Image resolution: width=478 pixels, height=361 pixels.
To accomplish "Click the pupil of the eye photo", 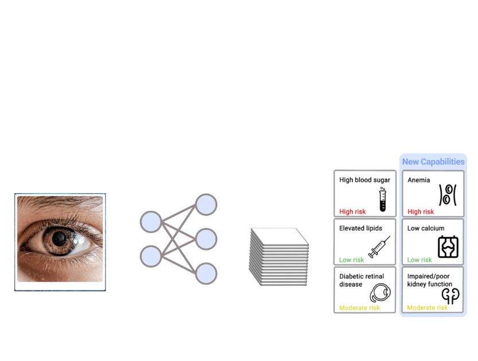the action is pyautogui.click(x=59, y=238).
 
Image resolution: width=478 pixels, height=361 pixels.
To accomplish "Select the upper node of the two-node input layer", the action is pyautogui.click(x=151, y=222).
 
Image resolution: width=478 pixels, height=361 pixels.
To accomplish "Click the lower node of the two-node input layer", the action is pyautogui.click(x=151, y=256).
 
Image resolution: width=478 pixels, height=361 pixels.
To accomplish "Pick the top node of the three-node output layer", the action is pyautogui.click(x=206, y=205).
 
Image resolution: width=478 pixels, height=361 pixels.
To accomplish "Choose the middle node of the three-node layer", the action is pyautogui.click(x=206, y=239).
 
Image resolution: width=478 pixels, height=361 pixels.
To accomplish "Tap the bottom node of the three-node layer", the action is pyautogui.click(x=206, y=273).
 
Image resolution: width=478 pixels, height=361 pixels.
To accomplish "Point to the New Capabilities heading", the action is pyautogui.click(x=433, y=162).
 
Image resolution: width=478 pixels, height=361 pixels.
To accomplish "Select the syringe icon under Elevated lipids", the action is pyautogui.click(x=379, y=247).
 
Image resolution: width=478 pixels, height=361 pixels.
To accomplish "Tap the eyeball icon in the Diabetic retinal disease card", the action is pyautogui.click(x=380, y=293).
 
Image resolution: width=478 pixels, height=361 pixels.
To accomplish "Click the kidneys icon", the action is pyautogui.click(x=450, y=296).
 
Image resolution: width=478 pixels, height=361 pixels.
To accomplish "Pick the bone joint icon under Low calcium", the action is pyautogui.click(x=448, y=246).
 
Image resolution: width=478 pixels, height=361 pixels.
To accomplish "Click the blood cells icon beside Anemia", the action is pyautogui.click(x=448, y=195).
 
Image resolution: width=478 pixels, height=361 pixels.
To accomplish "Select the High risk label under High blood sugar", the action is pyautogui.click(x=352, y=211).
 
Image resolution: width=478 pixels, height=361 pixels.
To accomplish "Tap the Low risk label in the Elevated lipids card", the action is pyautogui.click(x=351, y=260).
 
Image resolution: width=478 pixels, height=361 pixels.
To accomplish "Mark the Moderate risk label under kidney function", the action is pyautogui.click(x=428, y=308).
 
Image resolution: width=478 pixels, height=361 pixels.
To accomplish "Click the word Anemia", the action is pyautogui.click(x=419, y=180).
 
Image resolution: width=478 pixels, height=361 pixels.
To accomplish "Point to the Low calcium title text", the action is pyautogui.click(x=426, y=228).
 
